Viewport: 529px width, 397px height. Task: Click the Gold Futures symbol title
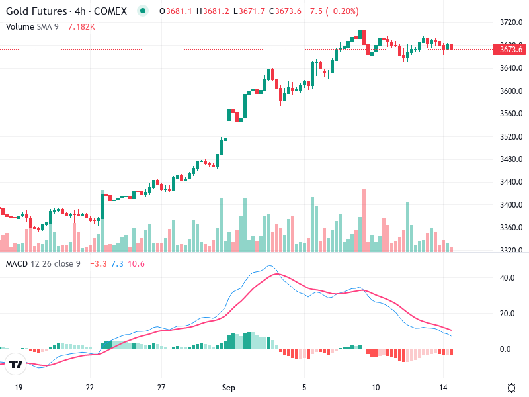point(66,11)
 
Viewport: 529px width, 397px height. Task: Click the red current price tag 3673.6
point(511,49)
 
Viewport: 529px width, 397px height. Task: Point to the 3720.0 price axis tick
point(511,22)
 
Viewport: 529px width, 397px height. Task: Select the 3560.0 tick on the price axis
point(511,114)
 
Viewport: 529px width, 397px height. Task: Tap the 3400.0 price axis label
point(511,205)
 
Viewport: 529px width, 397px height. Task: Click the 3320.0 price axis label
point(511,251)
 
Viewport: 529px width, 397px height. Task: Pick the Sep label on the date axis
point(229,388)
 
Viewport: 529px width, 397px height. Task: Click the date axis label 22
point(90,388)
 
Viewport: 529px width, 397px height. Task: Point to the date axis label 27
point(161,388)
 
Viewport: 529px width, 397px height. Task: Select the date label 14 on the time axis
point(444,388)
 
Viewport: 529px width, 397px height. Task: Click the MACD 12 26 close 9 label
point(43,264)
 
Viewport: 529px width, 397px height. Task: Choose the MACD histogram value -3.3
point(97,264)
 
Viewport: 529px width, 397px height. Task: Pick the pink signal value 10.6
point(136,264)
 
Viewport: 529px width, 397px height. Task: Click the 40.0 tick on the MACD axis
point(508,278)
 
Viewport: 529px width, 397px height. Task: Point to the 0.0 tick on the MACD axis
point(508,349)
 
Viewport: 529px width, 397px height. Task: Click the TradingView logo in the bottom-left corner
point(16,364)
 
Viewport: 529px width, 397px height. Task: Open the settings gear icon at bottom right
point(511,388)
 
